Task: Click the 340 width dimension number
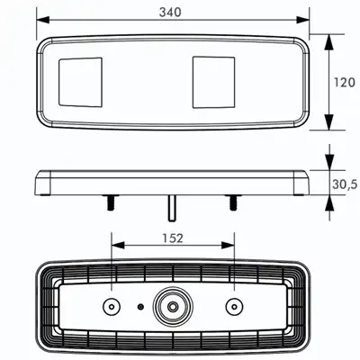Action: (170, 13)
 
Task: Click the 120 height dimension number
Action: (345, 82)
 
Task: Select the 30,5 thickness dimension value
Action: (345, 184)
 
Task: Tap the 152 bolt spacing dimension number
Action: (173, 238)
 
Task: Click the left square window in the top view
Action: (80, 82)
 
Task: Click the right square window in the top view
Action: (213, 82)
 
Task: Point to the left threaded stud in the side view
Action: (111, 202)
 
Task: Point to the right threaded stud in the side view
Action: (233, 202)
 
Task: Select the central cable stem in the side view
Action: (172, 209)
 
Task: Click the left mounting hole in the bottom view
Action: (112, 307)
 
